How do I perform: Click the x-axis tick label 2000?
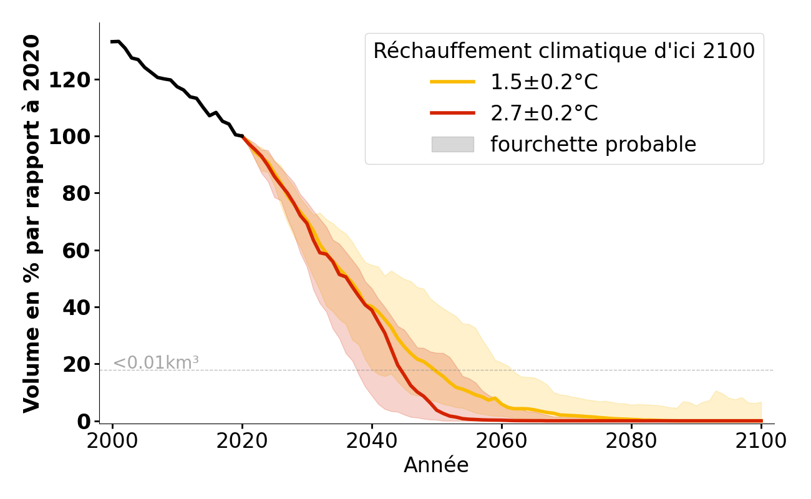tap(112, 441)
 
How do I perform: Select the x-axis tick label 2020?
tap(242, 441)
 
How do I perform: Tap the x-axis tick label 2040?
tap(372, 441)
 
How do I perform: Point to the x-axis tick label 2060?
tap(502, 441)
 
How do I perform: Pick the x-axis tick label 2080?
tap(631, 441)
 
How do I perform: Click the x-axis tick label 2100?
tap(760, 441)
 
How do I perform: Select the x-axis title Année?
tap(436, 465)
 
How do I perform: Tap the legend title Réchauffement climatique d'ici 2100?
tap(564, 51)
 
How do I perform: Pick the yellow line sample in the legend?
tap(452, 82)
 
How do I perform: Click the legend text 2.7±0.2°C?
tap(544, 114)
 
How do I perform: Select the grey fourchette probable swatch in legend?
tap(452, 145)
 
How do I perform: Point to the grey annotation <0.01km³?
tap(155, 362)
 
